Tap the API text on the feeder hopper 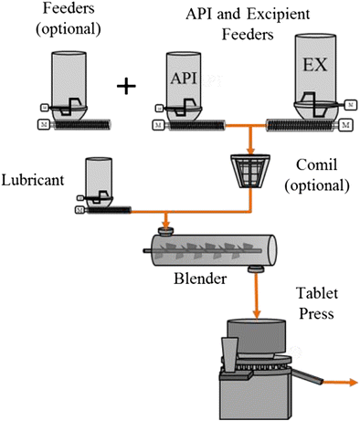(180, 77)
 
